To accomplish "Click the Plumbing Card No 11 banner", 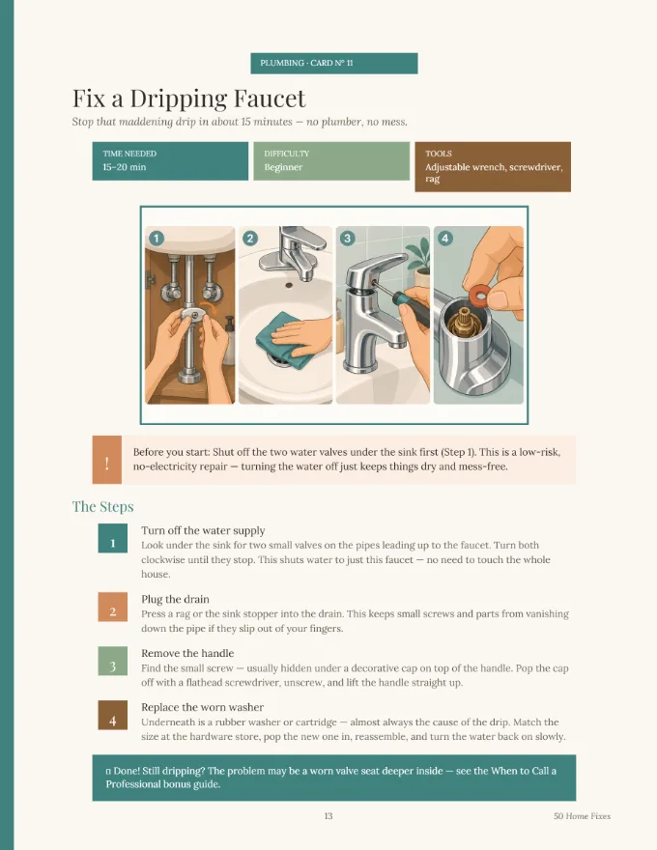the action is tap(334, 63).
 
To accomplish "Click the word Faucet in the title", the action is tap(270, 99).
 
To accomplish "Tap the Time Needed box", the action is tap(170, 161).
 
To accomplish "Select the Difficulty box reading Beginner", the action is tap(331, 161).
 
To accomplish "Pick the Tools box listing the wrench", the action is tap(493, 166).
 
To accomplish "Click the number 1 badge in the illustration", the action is tap(157, 238).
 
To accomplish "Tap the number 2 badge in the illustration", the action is tap(250, 238).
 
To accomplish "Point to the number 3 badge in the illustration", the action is tap(347, 238).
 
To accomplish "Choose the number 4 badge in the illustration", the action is tap(444, 238).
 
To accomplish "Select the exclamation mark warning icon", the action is tap(107, 460).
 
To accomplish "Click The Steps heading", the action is tap(103, 506).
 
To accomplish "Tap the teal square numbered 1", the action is tap(113, 538).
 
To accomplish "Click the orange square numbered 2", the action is tap(113, 607).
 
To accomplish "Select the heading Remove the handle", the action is tap(187, 653).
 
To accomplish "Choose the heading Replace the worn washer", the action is tap(202, 707).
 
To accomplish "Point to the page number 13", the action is tap(328, 816).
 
